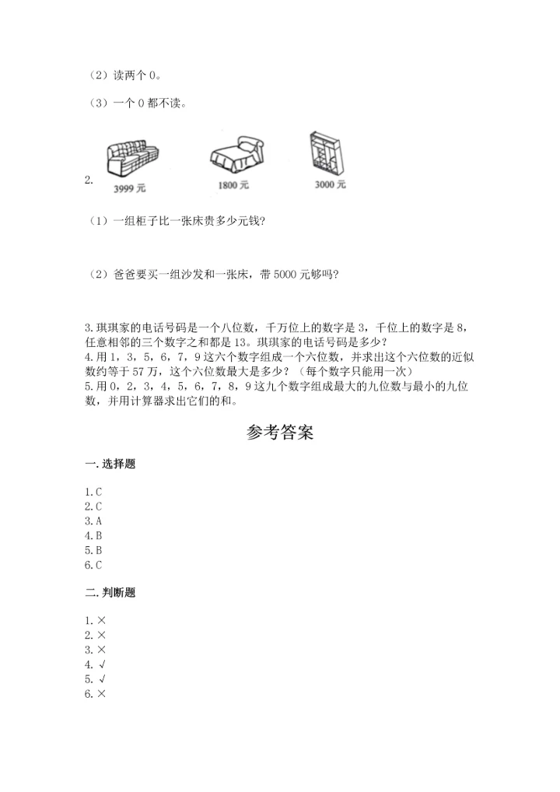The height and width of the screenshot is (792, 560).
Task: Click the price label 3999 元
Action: pyautogui.click(x=129, y=188)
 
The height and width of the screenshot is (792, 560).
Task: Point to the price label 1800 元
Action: pyautogui.click(x=233, y=185)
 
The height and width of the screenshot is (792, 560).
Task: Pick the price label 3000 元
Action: pyautogui.click(x=330, y=184)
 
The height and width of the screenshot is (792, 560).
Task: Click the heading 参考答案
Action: pyautogui.click(x=280, y=433)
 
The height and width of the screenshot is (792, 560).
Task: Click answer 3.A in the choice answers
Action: pyautogui.click(x=94, y=520)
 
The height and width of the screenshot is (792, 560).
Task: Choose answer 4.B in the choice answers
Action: pyautogui.click(x=94, y=535)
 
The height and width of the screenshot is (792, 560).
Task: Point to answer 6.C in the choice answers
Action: pyautogui.click(x=94, y=565)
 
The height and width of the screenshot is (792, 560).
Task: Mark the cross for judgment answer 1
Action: pyautogui.click(x=102, y=619)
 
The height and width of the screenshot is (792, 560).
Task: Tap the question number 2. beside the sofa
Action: pyautogui.click(x=89, y=180)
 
